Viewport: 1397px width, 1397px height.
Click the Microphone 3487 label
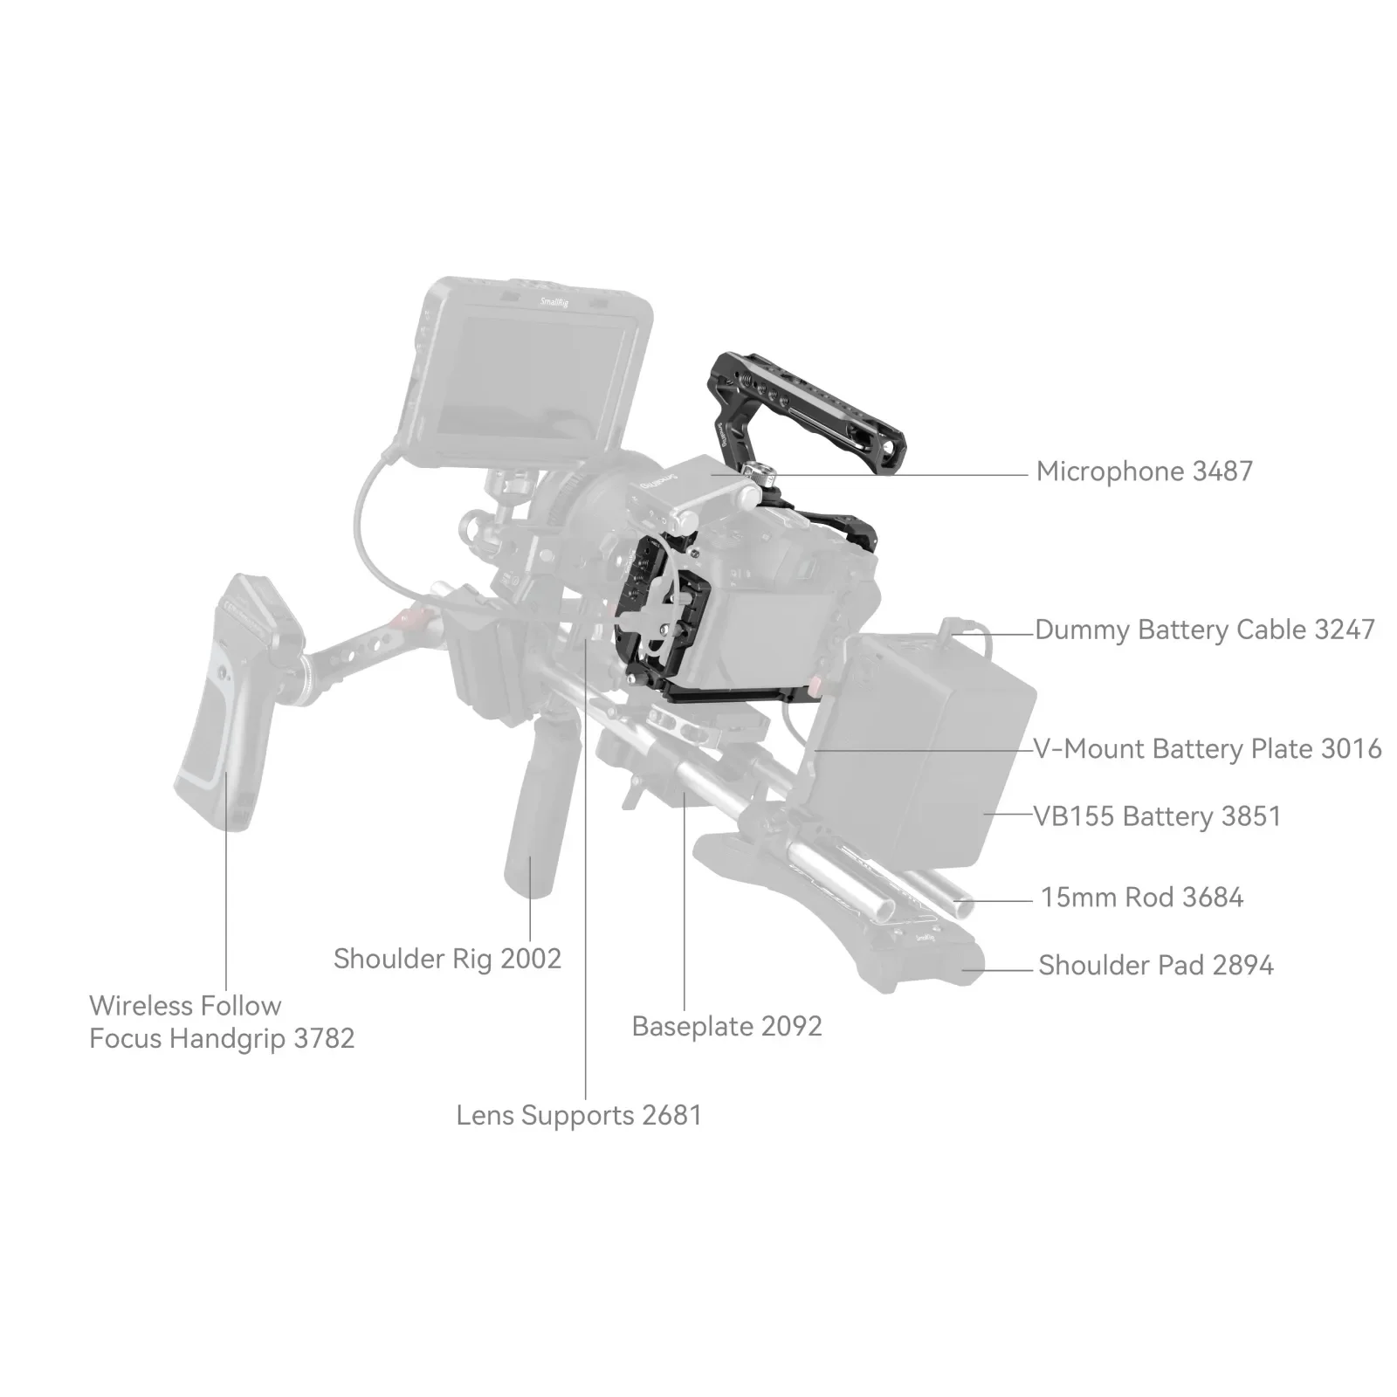(x=1144, y=471)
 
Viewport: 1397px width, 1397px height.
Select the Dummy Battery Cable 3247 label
(x=1204, y=630)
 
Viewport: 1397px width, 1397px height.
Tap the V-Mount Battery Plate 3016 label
(x=1207, y=748)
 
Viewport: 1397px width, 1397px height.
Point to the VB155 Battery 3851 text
(x=1157, y=816)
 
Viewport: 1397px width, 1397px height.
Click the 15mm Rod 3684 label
(x=1141, y=897)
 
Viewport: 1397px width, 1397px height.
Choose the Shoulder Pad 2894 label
(x=1155, y=965)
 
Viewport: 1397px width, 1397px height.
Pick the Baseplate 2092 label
(x=726, y=1026)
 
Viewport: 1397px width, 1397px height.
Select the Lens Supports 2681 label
(x=579, y=1115)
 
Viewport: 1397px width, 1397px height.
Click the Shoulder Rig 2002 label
(x=447, y=959)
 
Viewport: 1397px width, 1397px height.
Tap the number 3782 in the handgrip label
(x=324, y=1039)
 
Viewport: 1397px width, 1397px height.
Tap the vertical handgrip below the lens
(x=534, y=821)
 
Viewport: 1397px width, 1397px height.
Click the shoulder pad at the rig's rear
(x=838, y=908)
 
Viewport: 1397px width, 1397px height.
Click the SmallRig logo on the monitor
(x=554, y=302)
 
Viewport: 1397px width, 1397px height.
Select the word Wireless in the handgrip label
(x=143, y=1006)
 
